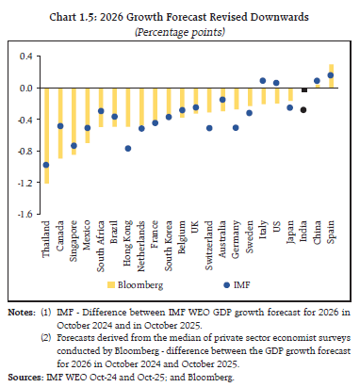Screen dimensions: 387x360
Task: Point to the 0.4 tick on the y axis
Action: tap(26, 56)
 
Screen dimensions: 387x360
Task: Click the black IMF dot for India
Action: tap(303, 110)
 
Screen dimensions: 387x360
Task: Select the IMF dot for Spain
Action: tap(331, 75)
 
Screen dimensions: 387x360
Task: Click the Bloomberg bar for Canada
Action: tap(59, 123)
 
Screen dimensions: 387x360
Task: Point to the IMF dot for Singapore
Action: tap(74, 146)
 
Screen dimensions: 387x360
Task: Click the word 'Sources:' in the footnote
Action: tap(23, 376)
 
